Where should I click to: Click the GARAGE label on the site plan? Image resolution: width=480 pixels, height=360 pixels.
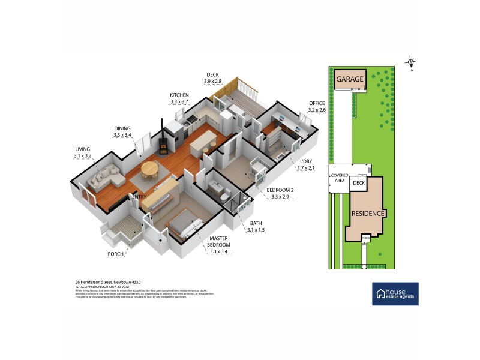coord(350,79)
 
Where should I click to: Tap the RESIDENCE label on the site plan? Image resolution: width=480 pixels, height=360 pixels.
coord(367,213)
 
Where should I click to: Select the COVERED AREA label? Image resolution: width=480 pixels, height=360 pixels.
coord(338,179)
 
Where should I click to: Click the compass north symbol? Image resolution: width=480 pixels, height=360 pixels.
coord(411,62)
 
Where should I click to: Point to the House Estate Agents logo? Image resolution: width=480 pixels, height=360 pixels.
coord(395,293)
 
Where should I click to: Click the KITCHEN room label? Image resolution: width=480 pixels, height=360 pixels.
coord(179,95)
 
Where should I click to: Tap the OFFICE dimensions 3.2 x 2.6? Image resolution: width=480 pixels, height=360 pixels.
coord(317,110)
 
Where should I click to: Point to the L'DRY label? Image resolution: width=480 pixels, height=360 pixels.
coord(307,161)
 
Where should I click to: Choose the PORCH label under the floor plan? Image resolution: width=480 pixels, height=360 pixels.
coord(115,254)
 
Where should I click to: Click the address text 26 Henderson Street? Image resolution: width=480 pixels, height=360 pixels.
coord(106,281)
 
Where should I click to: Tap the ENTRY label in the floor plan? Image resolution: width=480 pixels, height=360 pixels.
coord(140,196)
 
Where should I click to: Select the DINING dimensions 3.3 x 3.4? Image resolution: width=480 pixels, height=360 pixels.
coord(122,136)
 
